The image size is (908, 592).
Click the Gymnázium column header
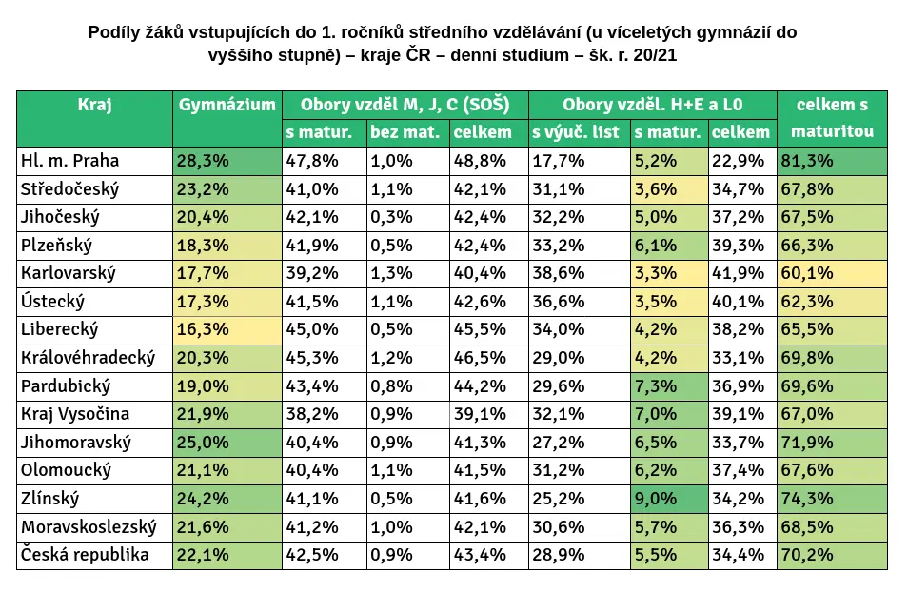coord(227,105)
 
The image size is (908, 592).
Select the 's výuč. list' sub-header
coord(576,132)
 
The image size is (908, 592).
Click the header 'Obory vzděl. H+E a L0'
coord(653,105)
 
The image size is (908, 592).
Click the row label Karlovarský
coord(69,273)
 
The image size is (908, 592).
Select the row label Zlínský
coord(49,498)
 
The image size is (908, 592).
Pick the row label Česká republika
coord(85,554)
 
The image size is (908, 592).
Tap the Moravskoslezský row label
coord(89,526)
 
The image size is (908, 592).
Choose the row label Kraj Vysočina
coord(75,414)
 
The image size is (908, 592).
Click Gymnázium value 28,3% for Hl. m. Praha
coord(203,161)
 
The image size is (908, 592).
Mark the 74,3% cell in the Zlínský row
coord(807,498)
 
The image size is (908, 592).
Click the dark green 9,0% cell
coord(656,498)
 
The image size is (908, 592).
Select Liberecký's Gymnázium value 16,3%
coord(203,329)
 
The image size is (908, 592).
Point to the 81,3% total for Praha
coord(807,161)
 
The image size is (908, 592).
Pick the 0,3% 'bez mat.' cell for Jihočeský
coord(391,217)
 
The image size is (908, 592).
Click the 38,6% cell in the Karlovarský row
coord(559,273)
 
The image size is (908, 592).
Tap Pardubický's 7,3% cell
coord(656,385)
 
